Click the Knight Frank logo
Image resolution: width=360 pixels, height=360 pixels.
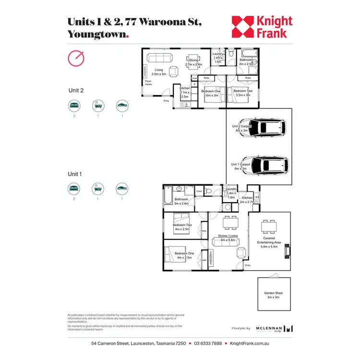[262, 27]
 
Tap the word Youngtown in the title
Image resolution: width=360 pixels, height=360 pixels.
[97, 35]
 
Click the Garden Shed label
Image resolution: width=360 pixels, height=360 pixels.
[275, 295]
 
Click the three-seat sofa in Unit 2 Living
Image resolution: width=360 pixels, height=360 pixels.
[159, 58]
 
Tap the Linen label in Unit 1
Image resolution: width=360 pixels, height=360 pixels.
[199, 192]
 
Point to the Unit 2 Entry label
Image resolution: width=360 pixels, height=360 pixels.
[167, 101]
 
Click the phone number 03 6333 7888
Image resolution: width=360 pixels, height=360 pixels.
[209, 344]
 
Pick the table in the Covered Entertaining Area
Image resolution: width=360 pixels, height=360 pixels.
[269, 226]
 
